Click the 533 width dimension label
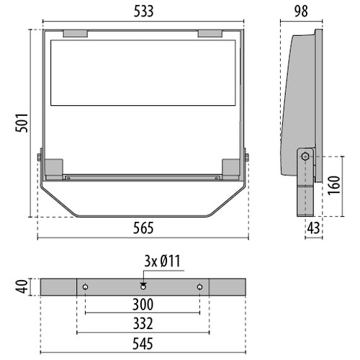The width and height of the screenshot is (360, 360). pos(142,12)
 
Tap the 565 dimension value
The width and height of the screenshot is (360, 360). pos(142,228)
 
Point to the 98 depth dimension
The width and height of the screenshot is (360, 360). pos(301,12)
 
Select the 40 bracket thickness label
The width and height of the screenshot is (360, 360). pos(22,287)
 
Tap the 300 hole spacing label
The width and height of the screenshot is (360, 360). pos(142,305)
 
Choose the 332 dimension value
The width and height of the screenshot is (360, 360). pos(142,323)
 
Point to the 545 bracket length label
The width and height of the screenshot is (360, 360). pos(142,343)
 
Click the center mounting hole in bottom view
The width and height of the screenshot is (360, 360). pos(143,287)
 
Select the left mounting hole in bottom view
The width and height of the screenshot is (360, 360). pos(86,287)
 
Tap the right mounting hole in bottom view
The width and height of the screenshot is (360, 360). pos(199,287)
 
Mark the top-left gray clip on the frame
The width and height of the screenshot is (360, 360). pos(75,33)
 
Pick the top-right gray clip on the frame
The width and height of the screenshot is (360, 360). pos(210,33)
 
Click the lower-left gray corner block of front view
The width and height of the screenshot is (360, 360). pos(55,168)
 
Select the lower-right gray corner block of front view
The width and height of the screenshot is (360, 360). pos(231,168)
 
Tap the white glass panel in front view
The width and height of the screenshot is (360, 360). pos(143,72)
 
